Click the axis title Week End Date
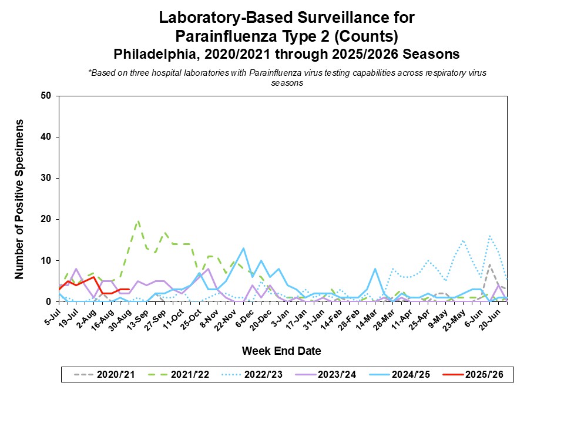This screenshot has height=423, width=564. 281,351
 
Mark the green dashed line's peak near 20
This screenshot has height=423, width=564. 138,221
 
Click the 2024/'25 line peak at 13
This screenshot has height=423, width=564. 243,248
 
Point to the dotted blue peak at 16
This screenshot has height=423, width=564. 489,236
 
